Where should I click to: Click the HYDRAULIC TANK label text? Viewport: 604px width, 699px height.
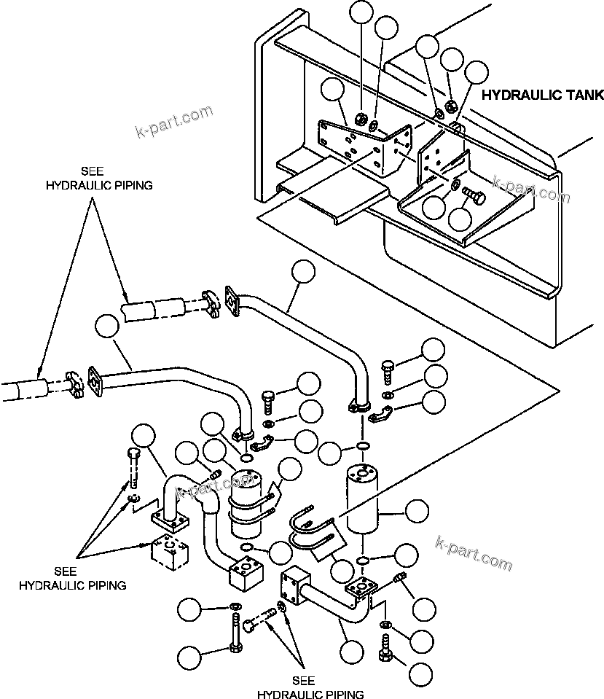(x=543, y=95)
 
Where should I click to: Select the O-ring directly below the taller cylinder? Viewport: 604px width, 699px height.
(x=362, y=560)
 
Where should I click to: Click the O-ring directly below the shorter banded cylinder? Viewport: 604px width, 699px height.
(x=246, y=547)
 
